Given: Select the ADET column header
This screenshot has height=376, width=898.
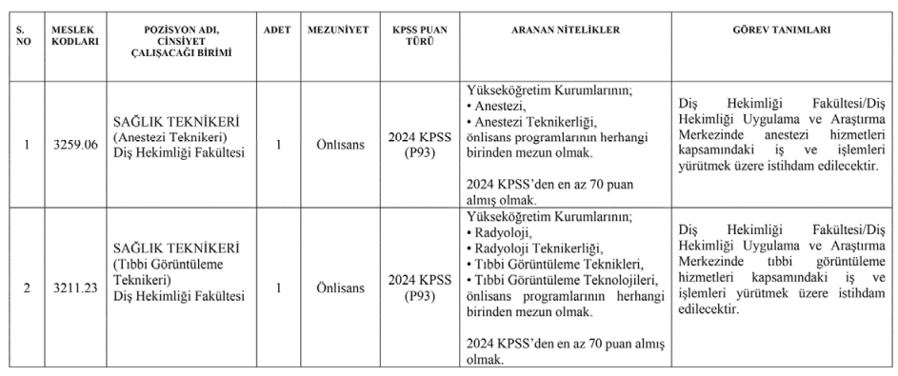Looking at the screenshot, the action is coord(277,30).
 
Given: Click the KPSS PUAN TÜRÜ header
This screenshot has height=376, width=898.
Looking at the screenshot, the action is coord(420,36).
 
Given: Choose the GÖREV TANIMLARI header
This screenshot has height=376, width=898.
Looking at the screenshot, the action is coord(782,30).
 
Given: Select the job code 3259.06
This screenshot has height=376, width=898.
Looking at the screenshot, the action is coord(75,145).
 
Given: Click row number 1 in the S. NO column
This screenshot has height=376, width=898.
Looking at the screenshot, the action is coord(27,145).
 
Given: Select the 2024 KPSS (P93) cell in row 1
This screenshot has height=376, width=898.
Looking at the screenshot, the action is coord(420,145).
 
